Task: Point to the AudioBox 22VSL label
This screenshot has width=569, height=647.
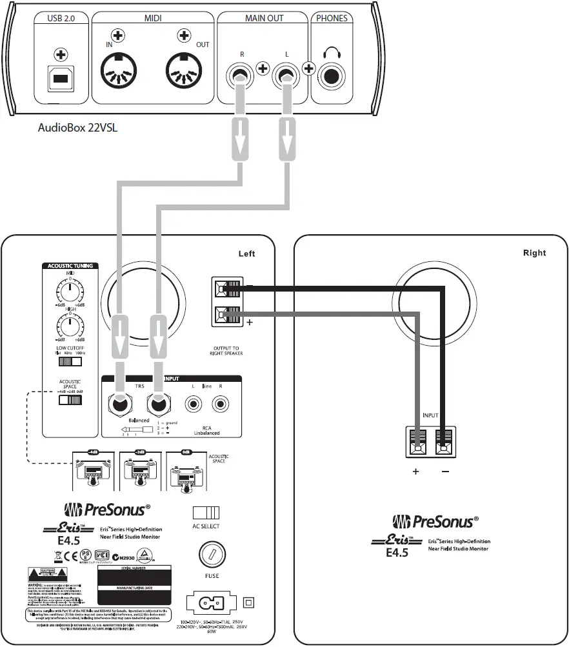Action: pos(77,127)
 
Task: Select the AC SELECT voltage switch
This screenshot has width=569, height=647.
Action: pos(206,513)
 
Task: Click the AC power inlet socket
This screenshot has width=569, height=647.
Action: pos(210,603)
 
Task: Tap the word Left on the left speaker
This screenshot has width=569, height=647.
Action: pos(246,254)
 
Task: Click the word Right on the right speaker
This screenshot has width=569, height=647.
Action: pos(534,253)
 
